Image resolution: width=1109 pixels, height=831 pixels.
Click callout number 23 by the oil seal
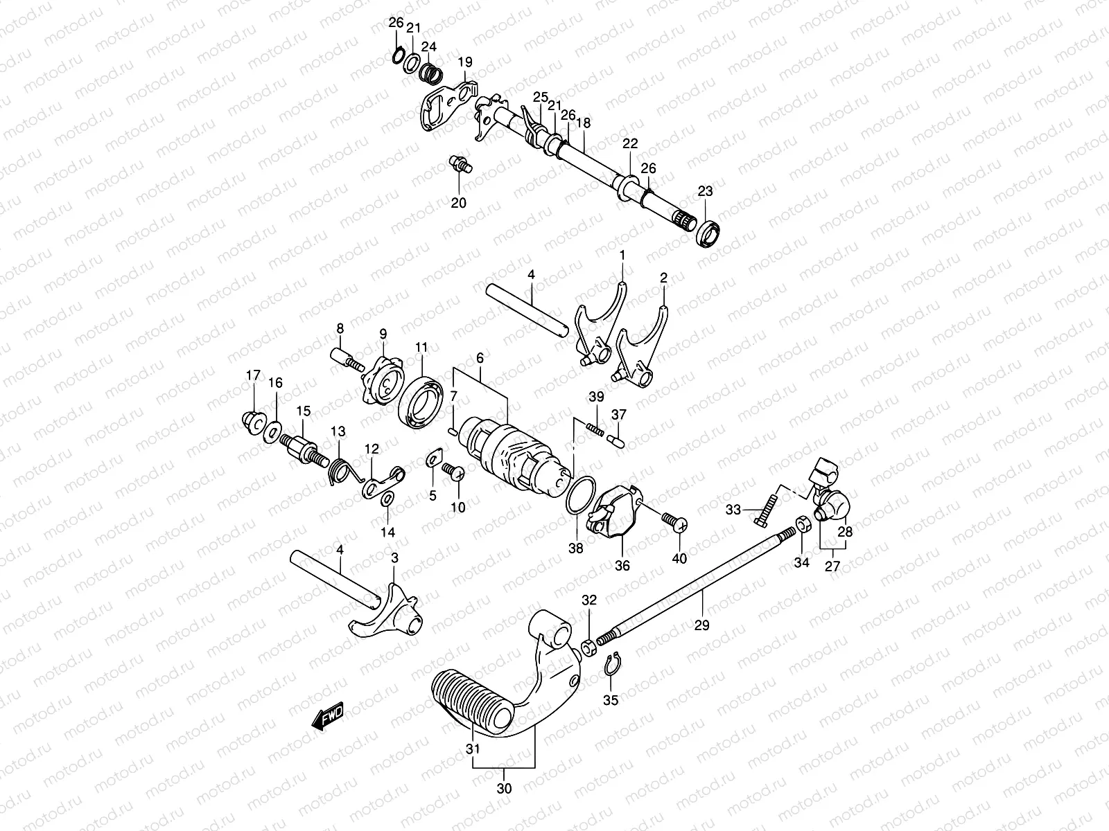(x=705, y=191)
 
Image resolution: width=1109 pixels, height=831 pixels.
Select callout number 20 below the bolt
(x=459, y=203)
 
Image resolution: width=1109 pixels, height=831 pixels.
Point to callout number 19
(x=464, y=62)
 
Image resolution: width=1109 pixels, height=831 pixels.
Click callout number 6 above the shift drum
(x=479, y=358)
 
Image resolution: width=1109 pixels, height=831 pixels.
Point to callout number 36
(x=622, y=566)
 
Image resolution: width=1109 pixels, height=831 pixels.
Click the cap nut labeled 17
(x=252, y=420)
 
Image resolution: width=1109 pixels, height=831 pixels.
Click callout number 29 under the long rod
(x=701, y=625)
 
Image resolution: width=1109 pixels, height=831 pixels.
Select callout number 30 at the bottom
(x=505, y=788)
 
